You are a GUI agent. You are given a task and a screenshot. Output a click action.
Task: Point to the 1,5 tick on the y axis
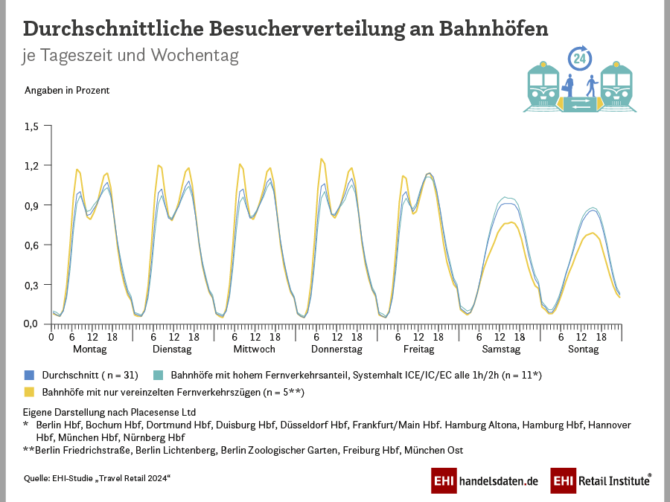click(31, 126)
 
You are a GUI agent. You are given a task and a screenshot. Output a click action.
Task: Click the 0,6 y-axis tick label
click(31, 245)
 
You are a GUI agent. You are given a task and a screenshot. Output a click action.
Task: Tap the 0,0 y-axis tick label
click(31, 324)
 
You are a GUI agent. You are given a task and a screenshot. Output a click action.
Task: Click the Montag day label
click(89, 349)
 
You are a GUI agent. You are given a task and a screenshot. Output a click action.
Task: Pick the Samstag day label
click(502, 349)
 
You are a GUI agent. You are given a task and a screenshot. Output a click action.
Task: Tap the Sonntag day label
click(583, 349)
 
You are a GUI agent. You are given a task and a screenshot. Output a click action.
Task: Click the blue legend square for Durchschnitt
click(30, 375)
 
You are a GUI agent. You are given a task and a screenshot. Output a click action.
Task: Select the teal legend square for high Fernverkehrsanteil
click(159, 375)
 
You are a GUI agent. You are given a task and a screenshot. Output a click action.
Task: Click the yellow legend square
click(30, 391)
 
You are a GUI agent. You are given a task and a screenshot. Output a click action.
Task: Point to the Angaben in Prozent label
click(67, 91)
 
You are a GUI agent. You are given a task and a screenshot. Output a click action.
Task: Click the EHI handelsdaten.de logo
click(485, 481)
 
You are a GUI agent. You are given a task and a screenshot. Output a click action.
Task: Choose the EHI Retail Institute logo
click(601, 481)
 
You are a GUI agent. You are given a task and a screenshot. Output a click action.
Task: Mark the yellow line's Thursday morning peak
click(321, 158)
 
